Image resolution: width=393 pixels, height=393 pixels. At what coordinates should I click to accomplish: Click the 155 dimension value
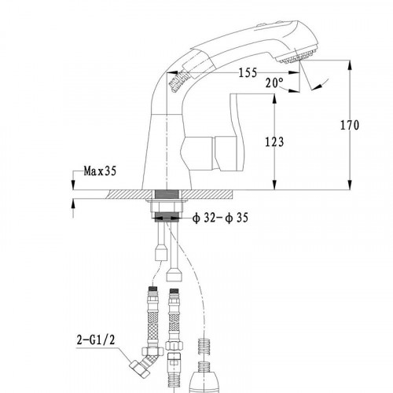(248, 72)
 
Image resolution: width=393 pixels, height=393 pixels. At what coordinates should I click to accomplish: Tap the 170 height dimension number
(350, 125)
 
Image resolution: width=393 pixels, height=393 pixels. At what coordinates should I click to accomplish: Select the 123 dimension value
(274, 142)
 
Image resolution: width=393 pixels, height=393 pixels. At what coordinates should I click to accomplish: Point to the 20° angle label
(274, 83)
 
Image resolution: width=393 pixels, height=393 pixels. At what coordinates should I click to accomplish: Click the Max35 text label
(100, 171)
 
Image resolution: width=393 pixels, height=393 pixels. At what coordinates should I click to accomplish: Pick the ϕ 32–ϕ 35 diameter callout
(220, 218)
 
